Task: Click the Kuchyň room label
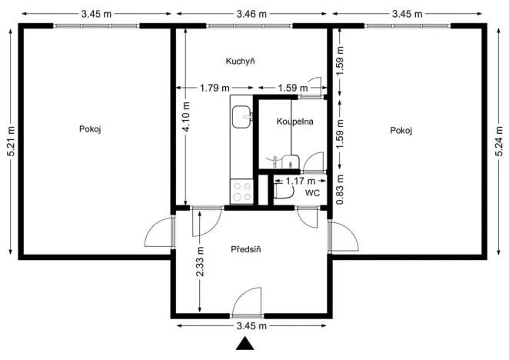point(240,61)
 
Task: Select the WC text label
point(312,192)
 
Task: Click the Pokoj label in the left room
point(90,129)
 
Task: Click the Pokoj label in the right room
point(401,130)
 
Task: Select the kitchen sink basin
point(242,118)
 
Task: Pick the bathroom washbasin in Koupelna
point(289,161)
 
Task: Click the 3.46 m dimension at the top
point(252,14)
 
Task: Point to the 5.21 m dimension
point(9,142)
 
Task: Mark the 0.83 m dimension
point(340,190)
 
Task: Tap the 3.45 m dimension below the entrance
point(251,326)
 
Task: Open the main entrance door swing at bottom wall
point(248,302)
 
